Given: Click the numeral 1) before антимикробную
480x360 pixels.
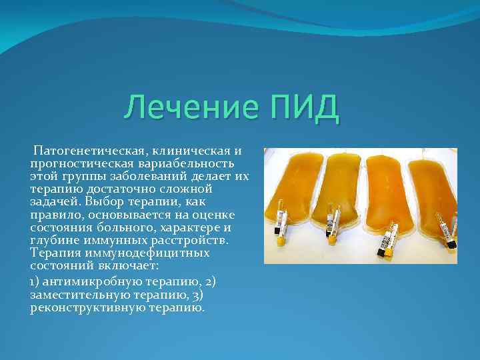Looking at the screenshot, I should pyautogui.click(x=37, y=281).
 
